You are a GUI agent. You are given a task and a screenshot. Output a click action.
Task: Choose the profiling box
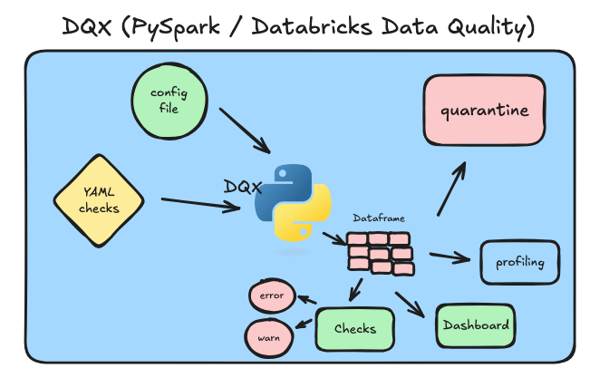coord(519,263)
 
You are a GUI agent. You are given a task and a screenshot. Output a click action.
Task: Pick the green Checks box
coord(355,329)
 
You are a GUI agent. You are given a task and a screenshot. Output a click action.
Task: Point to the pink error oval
coord(271,296)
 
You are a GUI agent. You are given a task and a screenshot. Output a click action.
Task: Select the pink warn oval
coord(267,337)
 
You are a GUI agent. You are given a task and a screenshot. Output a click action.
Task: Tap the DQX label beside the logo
coord(243,187)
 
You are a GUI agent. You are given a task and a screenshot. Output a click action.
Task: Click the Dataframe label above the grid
coord(378,218)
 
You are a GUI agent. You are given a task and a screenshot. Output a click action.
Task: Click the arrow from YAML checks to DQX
coord(199,204)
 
